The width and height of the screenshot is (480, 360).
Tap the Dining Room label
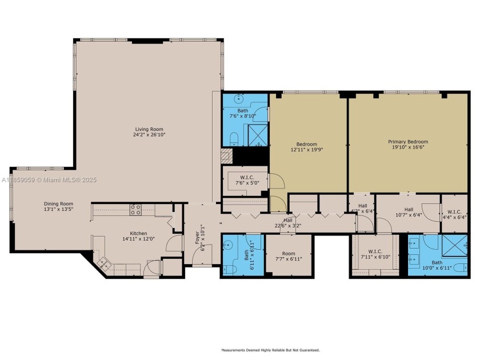pos(59,203)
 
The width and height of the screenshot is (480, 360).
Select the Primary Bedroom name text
pos(408,142)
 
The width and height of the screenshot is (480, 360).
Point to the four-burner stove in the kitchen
pos(136,210)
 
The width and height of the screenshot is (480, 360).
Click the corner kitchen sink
pos(105,263)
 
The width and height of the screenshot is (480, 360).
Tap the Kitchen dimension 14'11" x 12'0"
pos(138,239)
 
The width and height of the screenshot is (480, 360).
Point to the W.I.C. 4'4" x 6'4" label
pos(455,213)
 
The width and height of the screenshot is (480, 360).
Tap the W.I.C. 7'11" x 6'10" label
pos(375,254)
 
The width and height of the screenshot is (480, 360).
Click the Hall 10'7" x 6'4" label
pos(409,213)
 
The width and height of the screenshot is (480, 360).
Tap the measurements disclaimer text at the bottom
pos(270,350)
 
